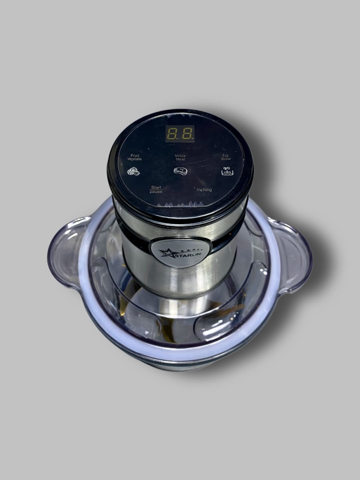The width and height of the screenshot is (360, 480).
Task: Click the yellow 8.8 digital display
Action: (180, 134)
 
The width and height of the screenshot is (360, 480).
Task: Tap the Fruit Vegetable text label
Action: (135, 157)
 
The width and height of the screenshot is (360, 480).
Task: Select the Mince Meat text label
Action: (180, 157)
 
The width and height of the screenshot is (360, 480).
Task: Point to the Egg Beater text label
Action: (226, 157)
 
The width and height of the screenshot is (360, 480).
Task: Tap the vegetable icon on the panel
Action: (134, 171)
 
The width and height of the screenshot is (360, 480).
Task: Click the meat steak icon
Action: (181, 171)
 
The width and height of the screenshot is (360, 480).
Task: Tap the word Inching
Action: (204, 190)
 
